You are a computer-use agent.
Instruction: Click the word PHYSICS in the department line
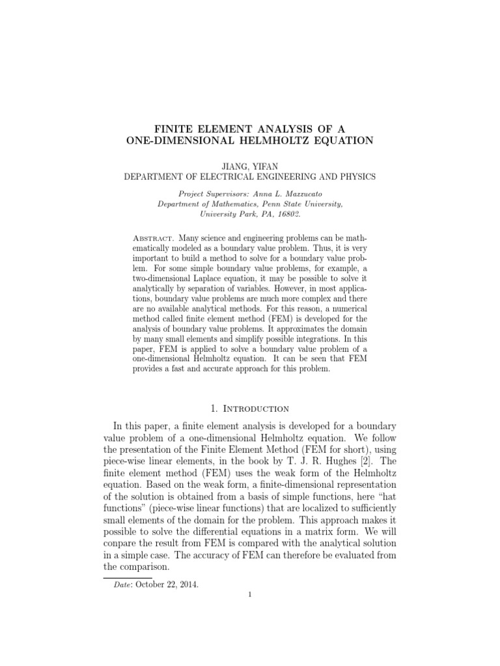click(x=353, y=176)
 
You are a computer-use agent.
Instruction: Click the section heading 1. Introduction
click(x=250, y=408)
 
